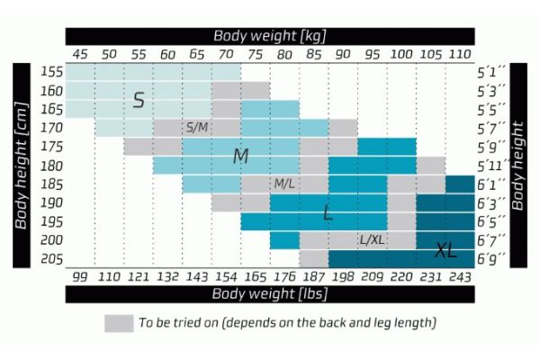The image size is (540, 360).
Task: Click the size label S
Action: tap(139, 100)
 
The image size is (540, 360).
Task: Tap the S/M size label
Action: tap(196, 128)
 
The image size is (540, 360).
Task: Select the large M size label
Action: tap(240, 156)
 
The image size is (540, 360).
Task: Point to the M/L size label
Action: tap(284, 184)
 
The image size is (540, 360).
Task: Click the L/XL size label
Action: tap(372, 239)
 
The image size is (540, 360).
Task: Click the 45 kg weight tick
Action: tap(80, 55)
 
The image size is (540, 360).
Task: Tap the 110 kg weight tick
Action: tap(460, 55)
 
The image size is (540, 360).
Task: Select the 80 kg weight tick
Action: tap(284, 55)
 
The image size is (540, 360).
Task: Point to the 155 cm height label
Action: tap(51, 72)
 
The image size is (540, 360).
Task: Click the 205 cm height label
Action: tap(51, 258)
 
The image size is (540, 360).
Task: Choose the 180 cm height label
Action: tap(51, 166)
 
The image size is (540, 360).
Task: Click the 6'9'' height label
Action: tap(490, 258)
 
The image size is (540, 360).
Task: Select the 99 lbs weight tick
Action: tap(80, 276)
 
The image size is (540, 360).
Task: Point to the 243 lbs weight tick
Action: tap(460, 276)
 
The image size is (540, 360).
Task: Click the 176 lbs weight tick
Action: tap(284, 276)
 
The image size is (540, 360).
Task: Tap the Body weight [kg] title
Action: tap(269, 36)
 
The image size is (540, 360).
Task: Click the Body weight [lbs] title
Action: tap(269, 293)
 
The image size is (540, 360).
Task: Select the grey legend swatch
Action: tap(118, 322)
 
